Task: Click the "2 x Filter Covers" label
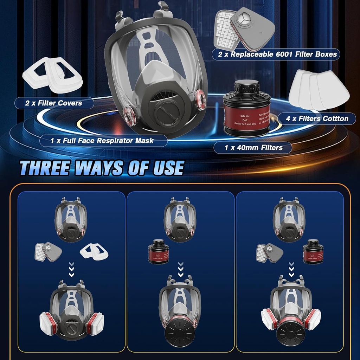click(54, 103)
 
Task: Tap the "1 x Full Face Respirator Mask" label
click(102, 141)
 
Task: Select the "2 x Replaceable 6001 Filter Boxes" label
click(276, 54)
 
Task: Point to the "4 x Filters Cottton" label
click(317, 118)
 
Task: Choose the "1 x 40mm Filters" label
click(253, 148)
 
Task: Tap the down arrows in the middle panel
click(180, 269)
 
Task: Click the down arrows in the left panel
click(71, 269)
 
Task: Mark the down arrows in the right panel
click(290, 269)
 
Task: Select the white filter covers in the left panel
click(94, 252)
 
